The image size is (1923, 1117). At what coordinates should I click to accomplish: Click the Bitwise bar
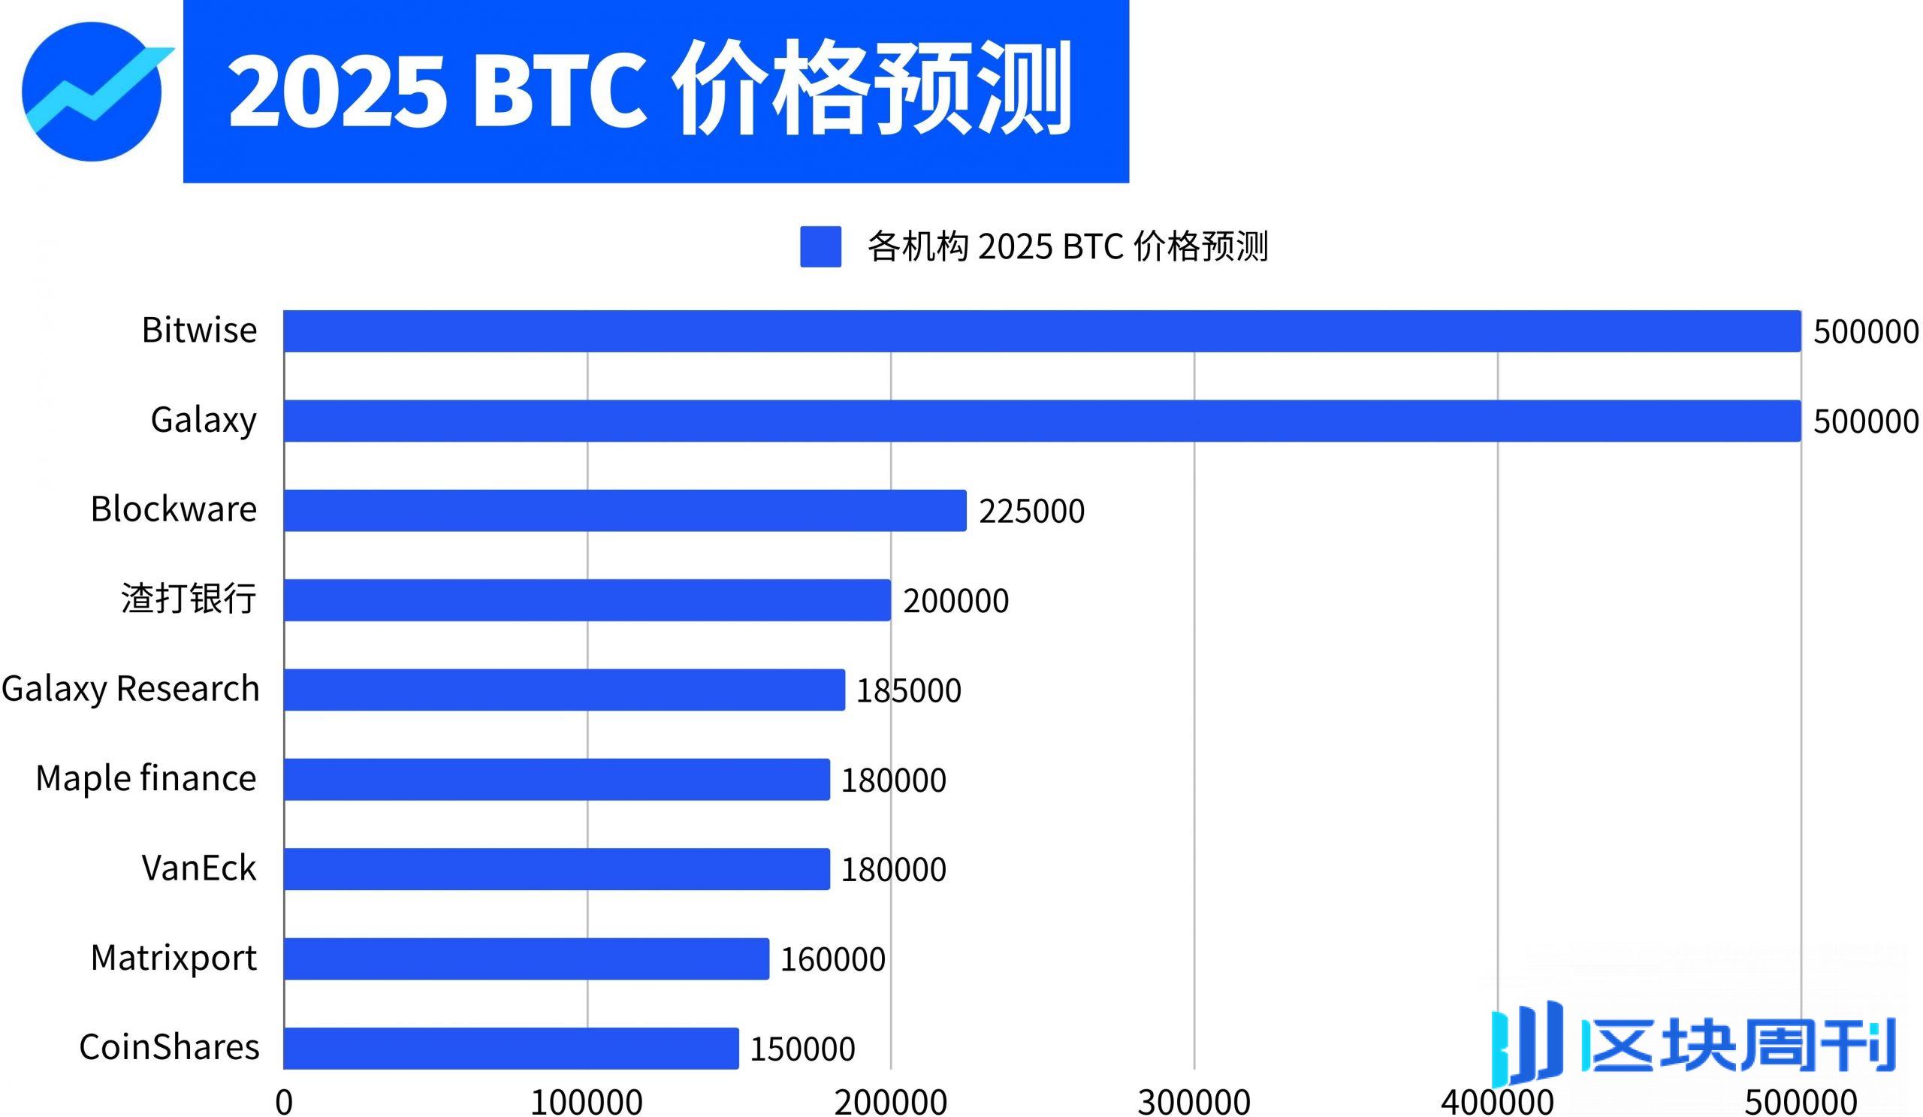pyautogui.click(x=1042, y=331)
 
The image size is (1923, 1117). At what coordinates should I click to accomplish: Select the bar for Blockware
pyautogui.click(x=624, y=511)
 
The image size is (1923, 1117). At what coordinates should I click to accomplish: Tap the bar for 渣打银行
pyautogui.click(x=587, y=599)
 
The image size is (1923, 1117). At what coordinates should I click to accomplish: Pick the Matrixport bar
pyautogui.click(x=526, y=959)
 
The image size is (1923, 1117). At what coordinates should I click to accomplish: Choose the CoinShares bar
pyautogui.click(x=511, y=1048)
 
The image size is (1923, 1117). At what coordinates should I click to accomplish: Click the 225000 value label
pyautogui.click(x=1031, y=512)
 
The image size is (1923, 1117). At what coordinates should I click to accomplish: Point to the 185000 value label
pyautogui.click(x=909, y=690)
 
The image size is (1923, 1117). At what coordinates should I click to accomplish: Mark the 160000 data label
pyautogui.click(x=832, y=959)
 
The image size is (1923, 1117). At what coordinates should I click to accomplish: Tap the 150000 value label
pyautogui.click(x=802, y=1049)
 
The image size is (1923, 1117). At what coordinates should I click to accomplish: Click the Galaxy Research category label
pyautogui.click(x=131, y=688)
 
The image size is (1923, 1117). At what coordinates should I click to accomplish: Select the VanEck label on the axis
pyautogui.click(x=199, y=868)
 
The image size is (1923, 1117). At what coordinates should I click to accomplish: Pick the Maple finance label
pyautogui.click(x=146, y=778)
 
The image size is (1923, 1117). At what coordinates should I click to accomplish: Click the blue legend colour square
pyautogui.click(x=820, y=246)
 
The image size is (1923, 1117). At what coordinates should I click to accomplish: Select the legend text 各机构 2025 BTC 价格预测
pyautogui.click(x=1067, y=246)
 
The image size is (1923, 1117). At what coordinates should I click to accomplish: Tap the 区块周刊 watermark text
pyautogui.click(x=1740, y=1043)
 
